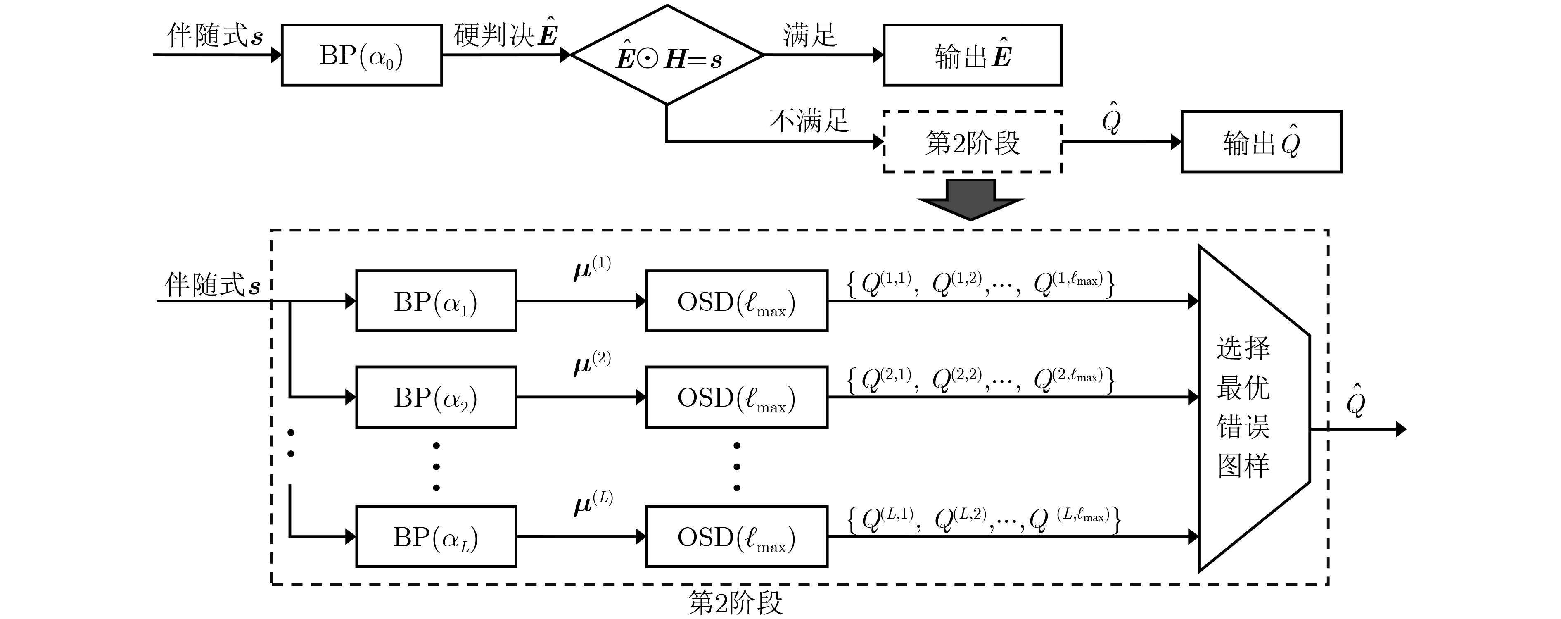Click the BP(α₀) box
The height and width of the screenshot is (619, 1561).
point(361,55)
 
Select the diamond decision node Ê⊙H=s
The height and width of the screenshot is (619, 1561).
point(667,56)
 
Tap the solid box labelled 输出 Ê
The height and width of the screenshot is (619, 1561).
point(972,55)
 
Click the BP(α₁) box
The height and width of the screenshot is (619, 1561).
point(436,301)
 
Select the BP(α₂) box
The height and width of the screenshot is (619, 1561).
point(436,397)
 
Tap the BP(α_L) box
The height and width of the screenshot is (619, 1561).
point(436,536)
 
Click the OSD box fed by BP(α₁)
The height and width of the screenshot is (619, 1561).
point(736,301)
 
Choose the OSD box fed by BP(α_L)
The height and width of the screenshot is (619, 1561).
point(736,536)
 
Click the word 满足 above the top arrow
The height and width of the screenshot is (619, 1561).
point(809,35)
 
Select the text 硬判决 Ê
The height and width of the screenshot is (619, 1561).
point(506,35)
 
